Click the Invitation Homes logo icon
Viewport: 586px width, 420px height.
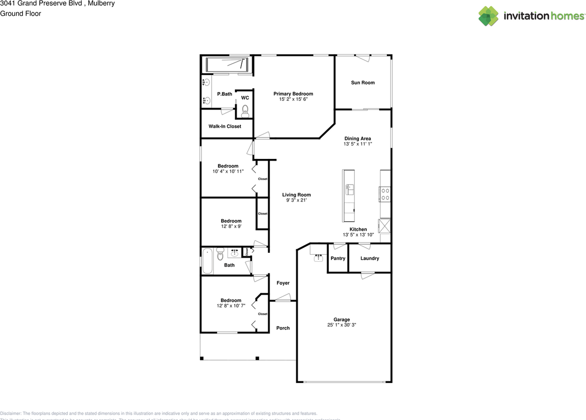pos(488,16)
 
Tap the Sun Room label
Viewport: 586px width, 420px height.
pos(363,83)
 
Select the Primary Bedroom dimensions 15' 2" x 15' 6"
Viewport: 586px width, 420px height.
pos(293,99)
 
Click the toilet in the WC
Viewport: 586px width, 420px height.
pos(245,109)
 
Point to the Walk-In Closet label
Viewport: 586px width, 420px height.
pos(225,126)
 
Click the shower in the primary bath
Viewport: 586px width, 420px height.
pos(227,65)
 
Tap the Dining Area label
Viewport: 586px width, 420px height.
pos(358,138)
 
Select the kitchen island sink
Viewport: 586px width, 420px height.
pos(349,187)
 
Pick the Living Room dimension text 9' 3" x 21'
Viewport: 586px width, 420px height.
pos(296,200)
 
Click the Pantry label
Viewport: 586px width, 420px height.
pos(338,258)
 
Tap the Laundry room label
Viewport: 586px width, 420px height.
pos(369,258)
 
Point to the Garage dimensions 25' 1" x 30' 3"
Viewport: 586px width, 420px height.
pos(342,325)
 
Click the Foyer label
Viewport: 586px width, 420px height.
pos(283,283)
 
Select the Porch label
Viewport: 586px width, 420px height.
pos(283,328)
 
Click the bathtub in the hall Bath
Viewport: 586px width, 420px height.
pos(207,261)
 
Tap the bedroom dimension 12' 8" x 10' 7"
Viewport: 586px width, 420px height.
pos(231,306)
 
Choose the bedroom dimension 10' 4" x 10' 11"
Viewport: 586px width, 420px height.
pos(228,171)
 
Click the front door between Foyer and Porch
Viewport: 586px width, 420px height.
pos(282,300)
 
